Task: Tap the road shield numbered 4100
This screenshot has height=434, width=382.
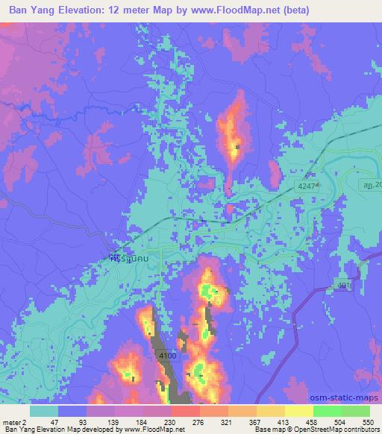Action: click(x=167, y=357)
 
